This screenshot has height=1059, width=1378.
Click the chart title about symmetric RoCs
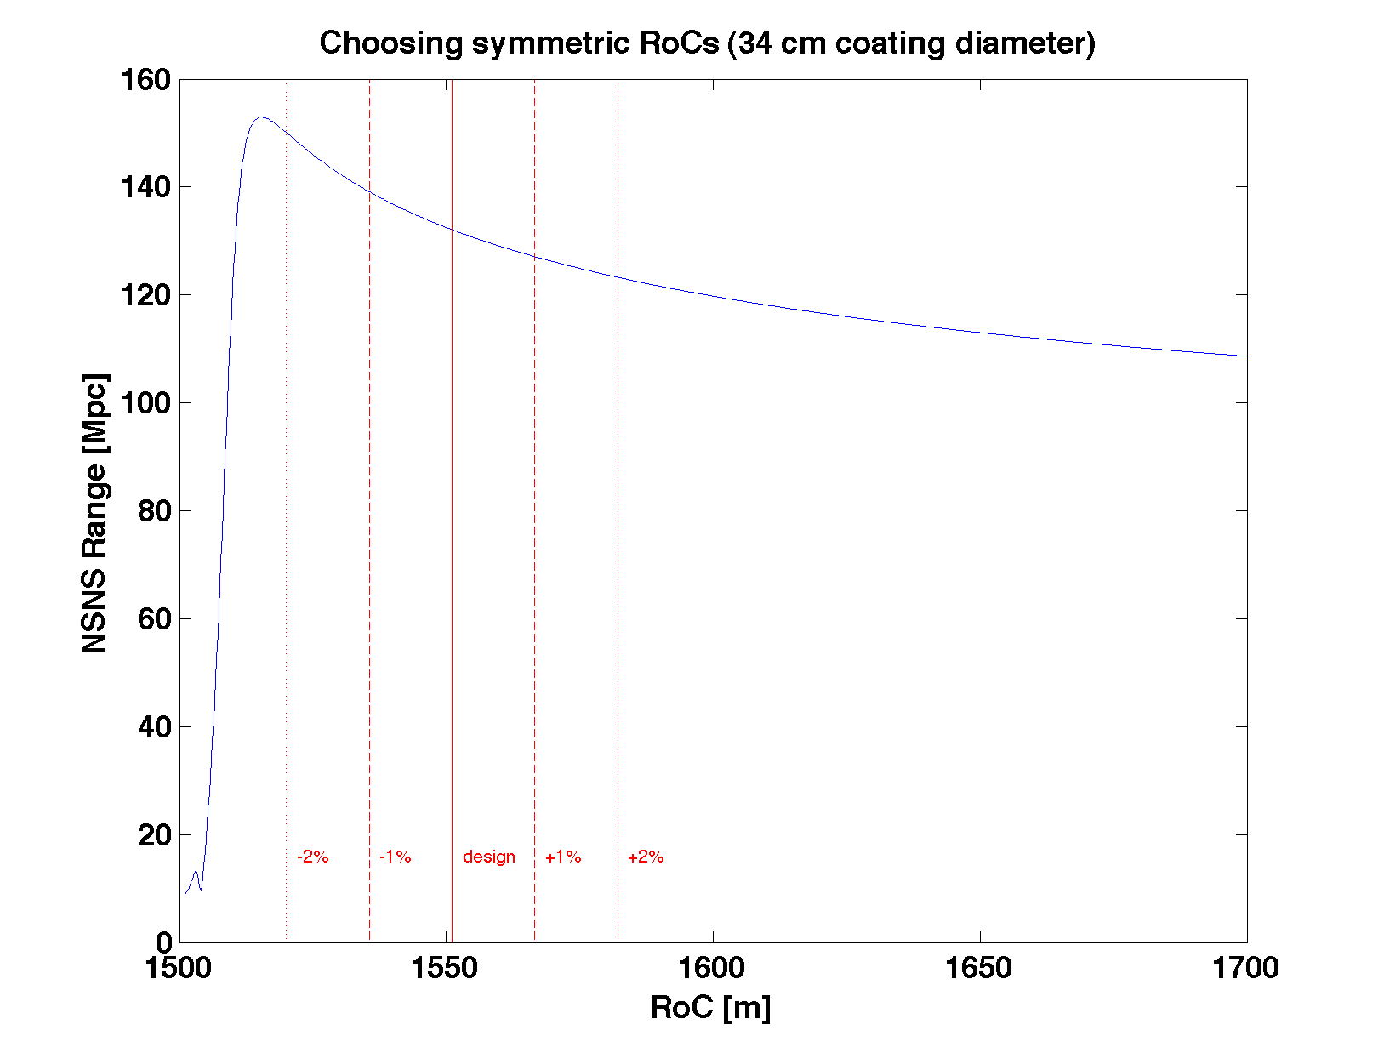click(x=707, y=43)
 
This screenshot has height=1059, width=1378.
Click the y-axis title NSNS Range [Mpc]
click(x=94, y=514)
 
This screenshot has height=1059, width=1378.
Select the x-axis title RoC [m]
click(x=710, y=1007)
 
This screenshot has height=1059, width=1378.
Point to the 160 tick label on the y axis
click(x=145, y=80)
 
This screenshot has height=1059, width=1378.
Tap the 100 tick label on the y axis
click(x=145, y=403)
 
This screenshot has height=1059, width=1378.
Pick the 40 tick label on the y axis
click(x=154, y=727)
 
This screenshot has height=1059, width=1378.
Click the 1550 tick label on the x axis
click(x=446, y=968)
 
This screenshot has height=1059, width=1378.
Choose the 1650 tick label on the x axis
click(x=979, y=968)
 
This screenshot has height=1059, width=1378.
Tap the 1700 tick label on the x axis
click(x=1245, y=968)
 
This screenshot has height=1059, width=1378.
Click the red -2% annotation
click(x=312, y=857)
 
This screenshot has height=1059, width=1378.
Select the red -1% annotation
click(x=395, y=857)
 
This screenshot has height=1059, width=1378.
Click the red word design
click(x=488, y=857)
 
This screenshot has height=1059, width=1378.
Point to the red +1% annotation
click(x=562, y=857)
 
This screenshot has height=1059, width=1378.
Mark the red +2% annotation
click(x=645, y=857)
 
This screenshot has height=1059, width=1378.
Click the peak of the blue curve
click(x=260, y=117)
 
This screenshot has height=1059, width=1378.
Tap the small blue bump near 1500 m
click(x=196, y=873)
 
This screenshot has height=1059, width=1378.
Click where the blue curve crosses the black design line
click(x=452, y=230)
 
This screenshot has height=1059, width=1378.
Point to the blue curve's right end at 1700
click(x=1245, y=356)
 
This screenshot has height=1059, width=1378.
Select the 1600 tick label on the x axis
click(x=713, y=968)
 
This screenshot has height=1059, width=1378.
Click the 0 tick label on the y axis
click(x=163, y=942)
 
